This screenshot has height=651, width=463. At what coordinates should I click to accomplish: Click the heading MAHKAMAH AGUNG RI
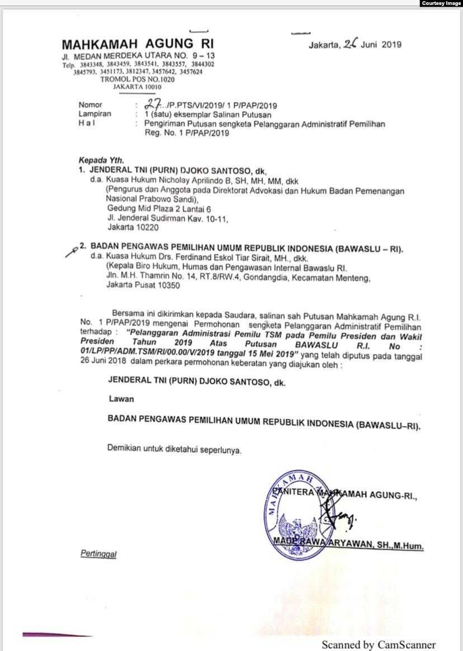[138, 44]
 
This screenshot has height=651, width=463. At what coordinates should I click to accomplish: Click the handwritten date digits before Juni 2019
[350, 44]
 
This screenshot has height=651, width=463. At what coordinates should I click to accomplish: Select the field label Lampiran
[95, 113]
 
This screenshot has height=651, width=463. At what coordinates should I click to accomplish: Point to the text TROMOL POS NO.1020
[137, 80]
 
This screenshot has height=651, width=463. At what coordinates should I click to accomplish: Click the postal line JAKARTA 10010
[137, 87]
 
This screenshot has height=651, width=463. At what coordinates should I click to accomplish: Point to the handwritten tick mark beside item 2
[70, 250]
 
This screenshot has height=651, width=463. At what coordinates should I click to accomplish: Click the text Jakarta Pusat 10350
[143, 285]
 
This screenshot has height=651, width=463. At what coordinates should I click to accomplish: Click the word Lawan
[121, 400]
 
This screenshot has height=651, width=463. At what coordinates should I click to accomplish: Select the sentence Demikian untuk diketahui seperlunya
[174, 449]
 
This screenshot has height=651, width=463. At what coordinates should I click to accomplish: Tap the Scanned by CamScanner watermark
[378, 644]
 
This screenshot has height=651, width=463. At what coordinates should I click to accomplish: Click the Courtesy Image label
[441, 3]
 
